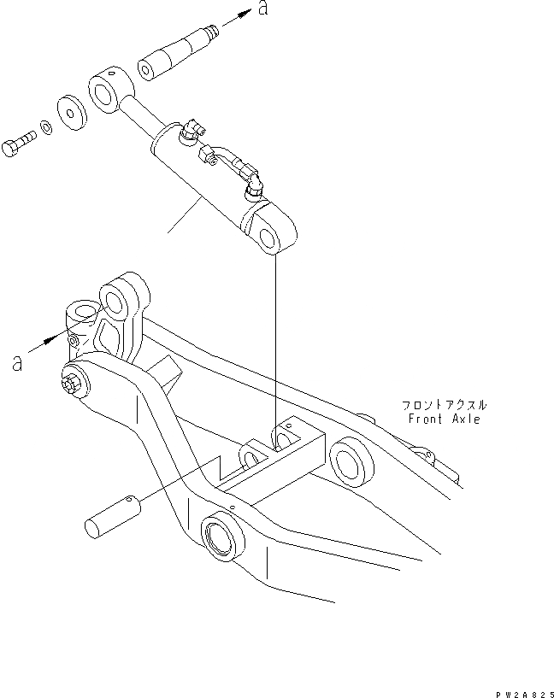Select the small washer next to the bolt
click(46, 128)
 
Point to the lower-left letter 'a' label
click(17, 362)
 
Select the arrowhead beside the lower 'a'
click(57, 338)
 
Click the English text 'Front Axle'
click(445, 419)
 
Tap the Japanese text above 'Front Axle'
click(445, 405)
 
